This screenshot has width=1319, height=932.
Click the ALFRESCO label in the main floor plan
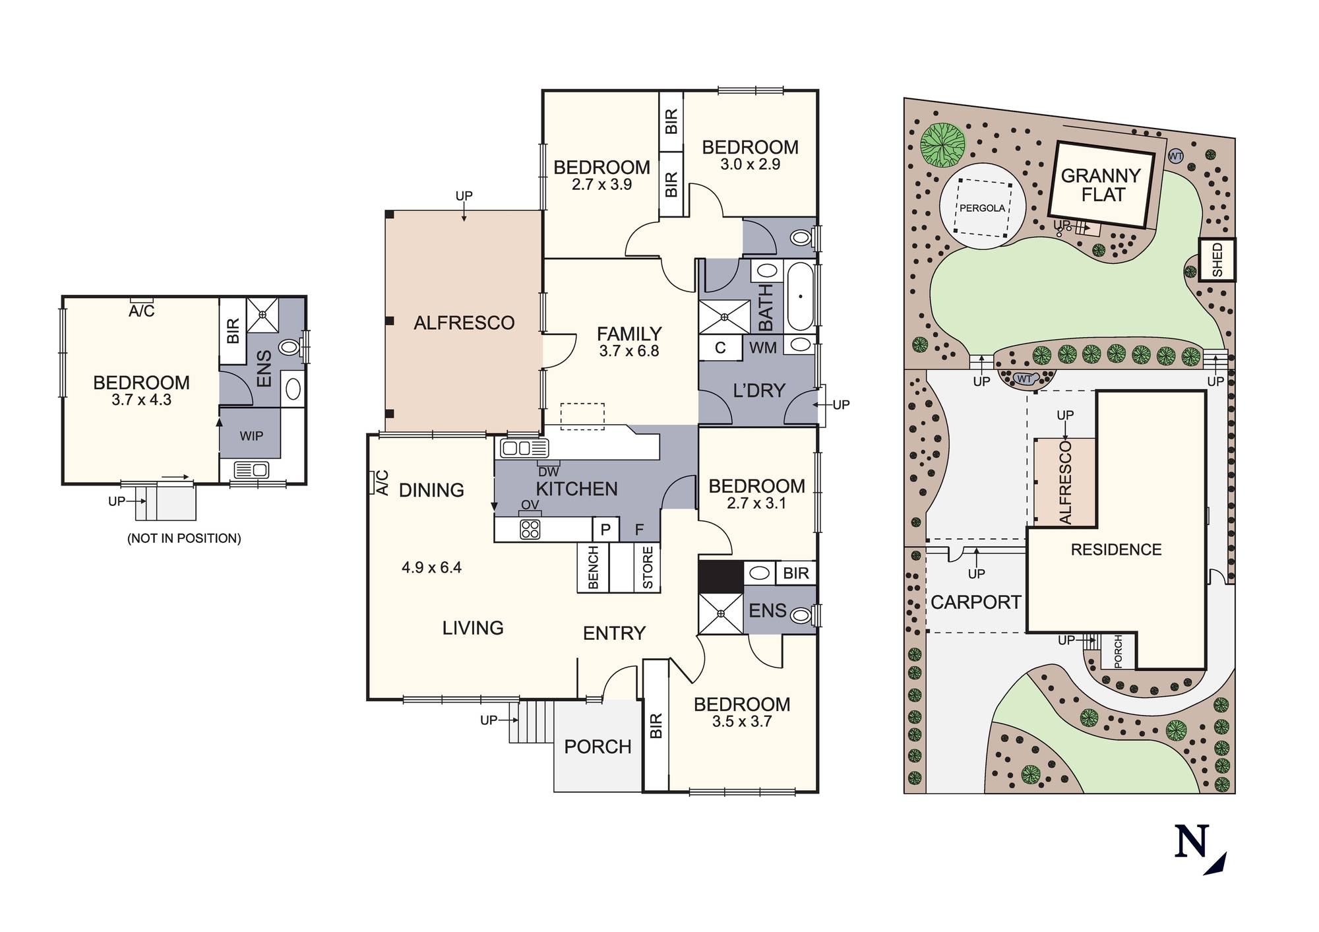[x=464, y=323]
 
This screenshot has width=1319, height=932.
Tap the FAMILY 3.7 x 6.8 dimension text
[x=629, y=351]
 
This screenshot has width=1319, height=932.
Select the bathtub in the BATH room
[x=799, y=297]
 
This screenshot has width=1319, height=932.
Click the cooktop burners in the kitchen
[x=530, y=529]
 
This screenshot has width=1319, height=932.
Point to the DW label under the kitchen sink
[x=548, y=472]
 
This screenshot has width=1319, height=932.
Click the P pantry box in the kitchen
[x=605, y=529]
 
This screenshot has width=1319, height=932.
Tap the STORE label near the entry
[x=648, y=567]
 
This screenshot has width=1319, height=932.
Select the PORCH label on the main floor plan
[x=598, y=747]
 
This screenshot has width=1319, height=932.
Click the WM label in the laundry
[x=762, y=347]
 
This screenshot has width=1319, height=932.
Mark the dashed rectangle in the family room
[x=582, y=416]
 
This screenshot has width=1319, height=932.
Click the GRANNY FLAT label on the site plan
[x=1101, y=185]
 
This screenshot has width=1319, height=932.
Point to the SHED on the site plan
[x=1217, y=260]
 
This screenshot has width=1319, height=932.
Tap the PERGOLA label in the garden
[x=982, y=208]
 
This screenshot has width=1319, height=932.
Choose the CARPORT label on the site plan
[x=975, y=602]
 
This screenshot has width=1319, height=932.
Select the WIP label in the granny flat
[x=251, y=435]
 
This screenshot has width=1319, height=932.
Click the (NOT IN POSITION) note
[x=184, y=538]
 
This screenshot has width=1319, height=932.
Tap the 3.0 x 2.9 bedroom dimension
[x=750, y=164]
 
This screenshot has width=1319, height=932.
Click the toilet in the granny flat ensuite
[x=290, y=347]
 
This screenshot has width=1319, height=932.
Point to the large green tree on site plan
[x=942, y=145]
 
